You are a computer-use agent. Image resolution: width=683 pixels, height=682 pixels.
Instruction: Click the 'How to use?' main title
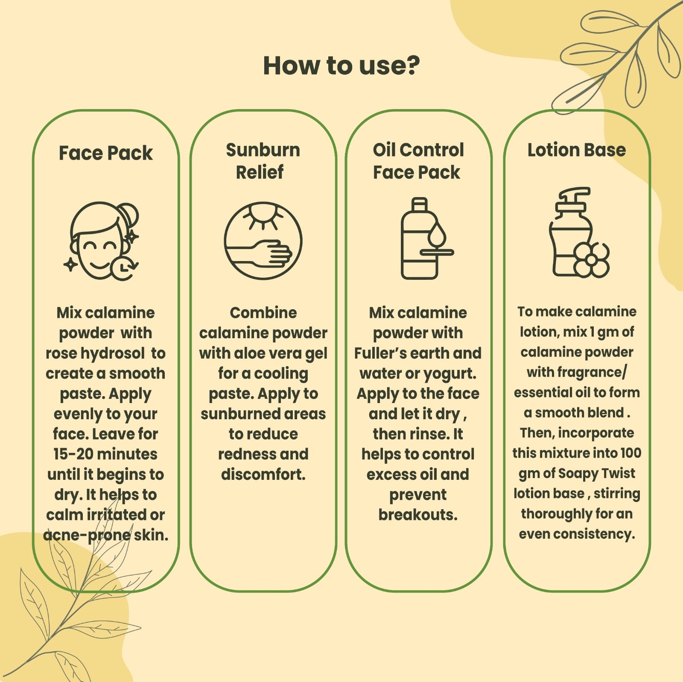tap(341, 66)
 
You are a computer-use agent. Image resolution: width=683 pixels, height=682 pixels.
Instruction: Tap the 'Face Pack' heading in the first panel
tap(105, 153)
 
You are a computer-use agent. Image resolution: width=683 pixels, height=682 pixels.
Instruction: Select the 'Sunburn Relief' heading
tap(263, 161)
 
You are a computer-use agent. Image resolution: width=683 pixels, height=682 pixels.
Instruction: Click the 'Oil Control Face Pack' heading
tap(418, 161)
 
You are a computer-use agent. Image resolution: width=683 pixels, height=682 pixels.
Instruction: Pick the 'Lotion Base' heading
tap(577, 150)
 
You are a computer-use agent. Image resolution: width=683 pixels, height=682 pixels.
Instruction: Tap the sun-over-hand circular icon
tap(263, 241)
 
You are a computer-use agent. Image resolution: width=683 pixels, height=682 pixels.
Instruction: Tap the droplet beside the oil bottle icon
tap(437, 234)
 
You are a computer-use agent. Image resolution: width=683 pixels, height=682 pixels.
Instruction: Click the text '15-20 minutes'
tap(105, 454)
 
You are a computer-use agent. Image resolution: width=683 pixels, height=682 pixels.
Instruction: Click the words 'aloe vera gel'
tap(280, 354)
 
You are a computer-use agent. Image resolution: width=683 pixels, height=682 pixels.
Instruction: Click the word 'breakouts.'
tap(418, 514)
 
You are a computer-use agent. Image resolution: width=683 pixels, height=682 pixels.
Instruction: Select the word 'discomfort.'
tap(263, 474)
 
